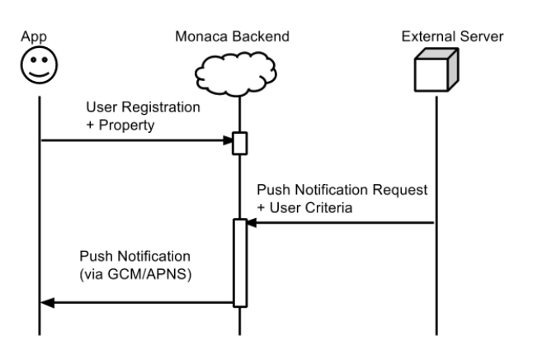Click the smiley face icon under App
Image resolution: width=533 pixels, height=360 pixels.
pyautogui.click(x=39, y=65)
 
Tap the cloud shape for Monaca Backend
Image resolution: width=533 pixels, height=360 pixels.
pyautogui.click(x=236, y=73)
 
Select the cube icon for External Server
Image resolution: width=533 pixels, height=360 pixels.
pyautogui.click(x=436, y=70)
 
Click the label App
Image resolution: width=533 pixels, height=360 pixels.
pyautogui.click(x=34, y=37)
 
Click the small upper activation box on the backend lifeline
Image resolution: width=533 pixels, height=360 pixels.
pyautogui.click(x=239, y=143)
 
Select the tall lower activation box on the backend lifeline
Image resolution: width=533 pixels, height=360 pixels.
pyautogui.click(x=240, y=263)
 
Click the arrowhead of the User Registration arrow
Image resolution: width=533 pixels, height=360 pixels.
pyautogui.click(x=228, y=140)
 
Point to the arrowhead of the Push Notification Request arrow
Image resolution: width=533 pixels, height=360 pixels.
pyautogui.click(x=252, y=223)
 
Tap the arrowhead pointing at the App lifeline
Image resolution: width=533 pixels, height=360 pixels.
pyautogui.click(x=47, y=302)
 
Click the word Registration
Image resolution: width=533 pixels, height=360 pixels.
pyautogui.click(x=161, y=107)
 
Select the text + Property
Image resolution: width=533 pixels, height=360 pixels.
pyautogui.click(x=120, y=126)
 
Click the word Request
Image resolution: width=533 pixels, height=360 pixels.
pyautogui.click(x=399, y=190)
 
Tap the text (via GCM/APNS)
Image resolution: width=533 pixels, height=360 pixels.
pyautogui.click(x=135, y=274)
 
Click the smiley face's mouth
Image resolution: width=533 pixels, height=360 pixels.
pyautogui.click(x=39, y=74)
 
